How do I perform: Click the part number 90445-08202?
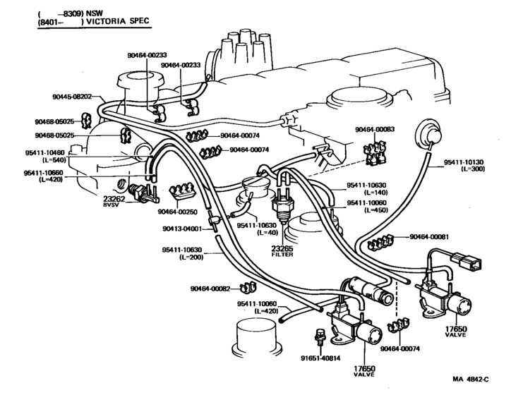click(x=72, y=97)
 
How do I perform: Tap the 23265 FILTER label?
click(x=282, y=250)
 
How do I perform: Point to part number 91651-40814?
click(x=320, y=358)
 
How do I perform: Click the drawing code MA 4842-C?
click(x=470, y=379)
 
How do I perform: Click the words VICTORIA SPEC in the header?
click(x=118, y=21)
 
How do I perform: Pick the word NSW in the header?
click(x=94, y=13)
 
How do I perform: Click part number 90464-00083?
click(x=375, y=129)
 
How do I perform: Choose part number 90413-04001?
click(x=182, y=229)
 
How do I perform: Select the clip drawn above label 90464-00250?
click(x=181, y=191)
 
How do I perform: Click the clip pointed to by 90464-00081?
click(x=380, y=242)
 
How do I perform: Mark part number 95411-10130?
click(x=464, y=162)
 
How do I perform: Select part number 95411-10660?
click(x=43, y=173)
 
